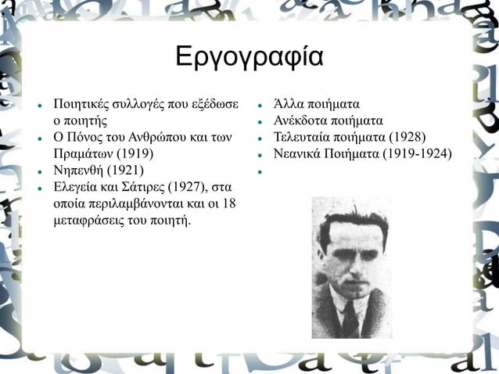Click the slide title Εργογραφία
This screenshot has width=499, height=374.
[x=249, y=58]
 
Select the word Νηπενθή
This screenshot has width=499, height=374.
[x=77, y=171]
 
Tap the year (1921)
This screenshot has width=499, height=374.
[x=126, y=171]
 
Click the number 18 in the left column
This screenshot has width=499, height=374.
[x=229, y=204]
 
